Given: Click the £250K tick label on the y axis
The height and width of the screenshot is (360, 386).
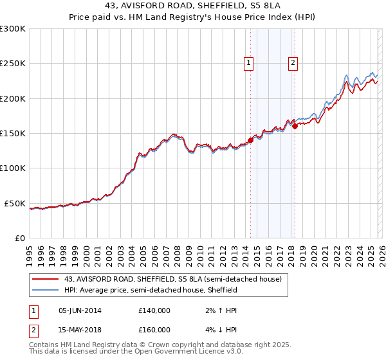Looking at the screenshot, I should (x=13, y=64).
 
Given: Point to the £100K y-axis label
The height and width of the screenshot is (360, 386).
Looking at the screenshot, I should (x=13, y=168).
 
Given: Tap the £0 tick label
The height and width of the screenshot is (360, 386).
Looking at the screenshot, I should (x=20, y=238).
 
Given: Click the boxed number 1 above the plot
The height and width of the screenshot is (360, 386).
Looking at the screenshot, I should (x=248, y=63).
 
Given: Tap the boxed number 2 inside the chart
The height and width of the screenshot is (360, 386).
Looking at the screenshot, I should (x=293, y=63).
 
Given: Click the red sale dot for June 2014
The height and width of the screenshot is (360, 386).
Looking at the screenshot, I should (x=250, y=141).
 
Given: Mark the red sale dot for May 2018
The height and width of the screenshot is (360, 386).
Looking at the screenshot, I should (x=295, y=127).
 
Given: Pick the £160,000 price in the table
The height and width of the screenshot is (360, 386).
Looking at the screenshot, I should (x=154, y=329).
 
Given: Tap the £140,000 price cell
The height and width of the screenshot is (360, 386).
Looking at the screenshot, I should (x=154, y=310).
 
